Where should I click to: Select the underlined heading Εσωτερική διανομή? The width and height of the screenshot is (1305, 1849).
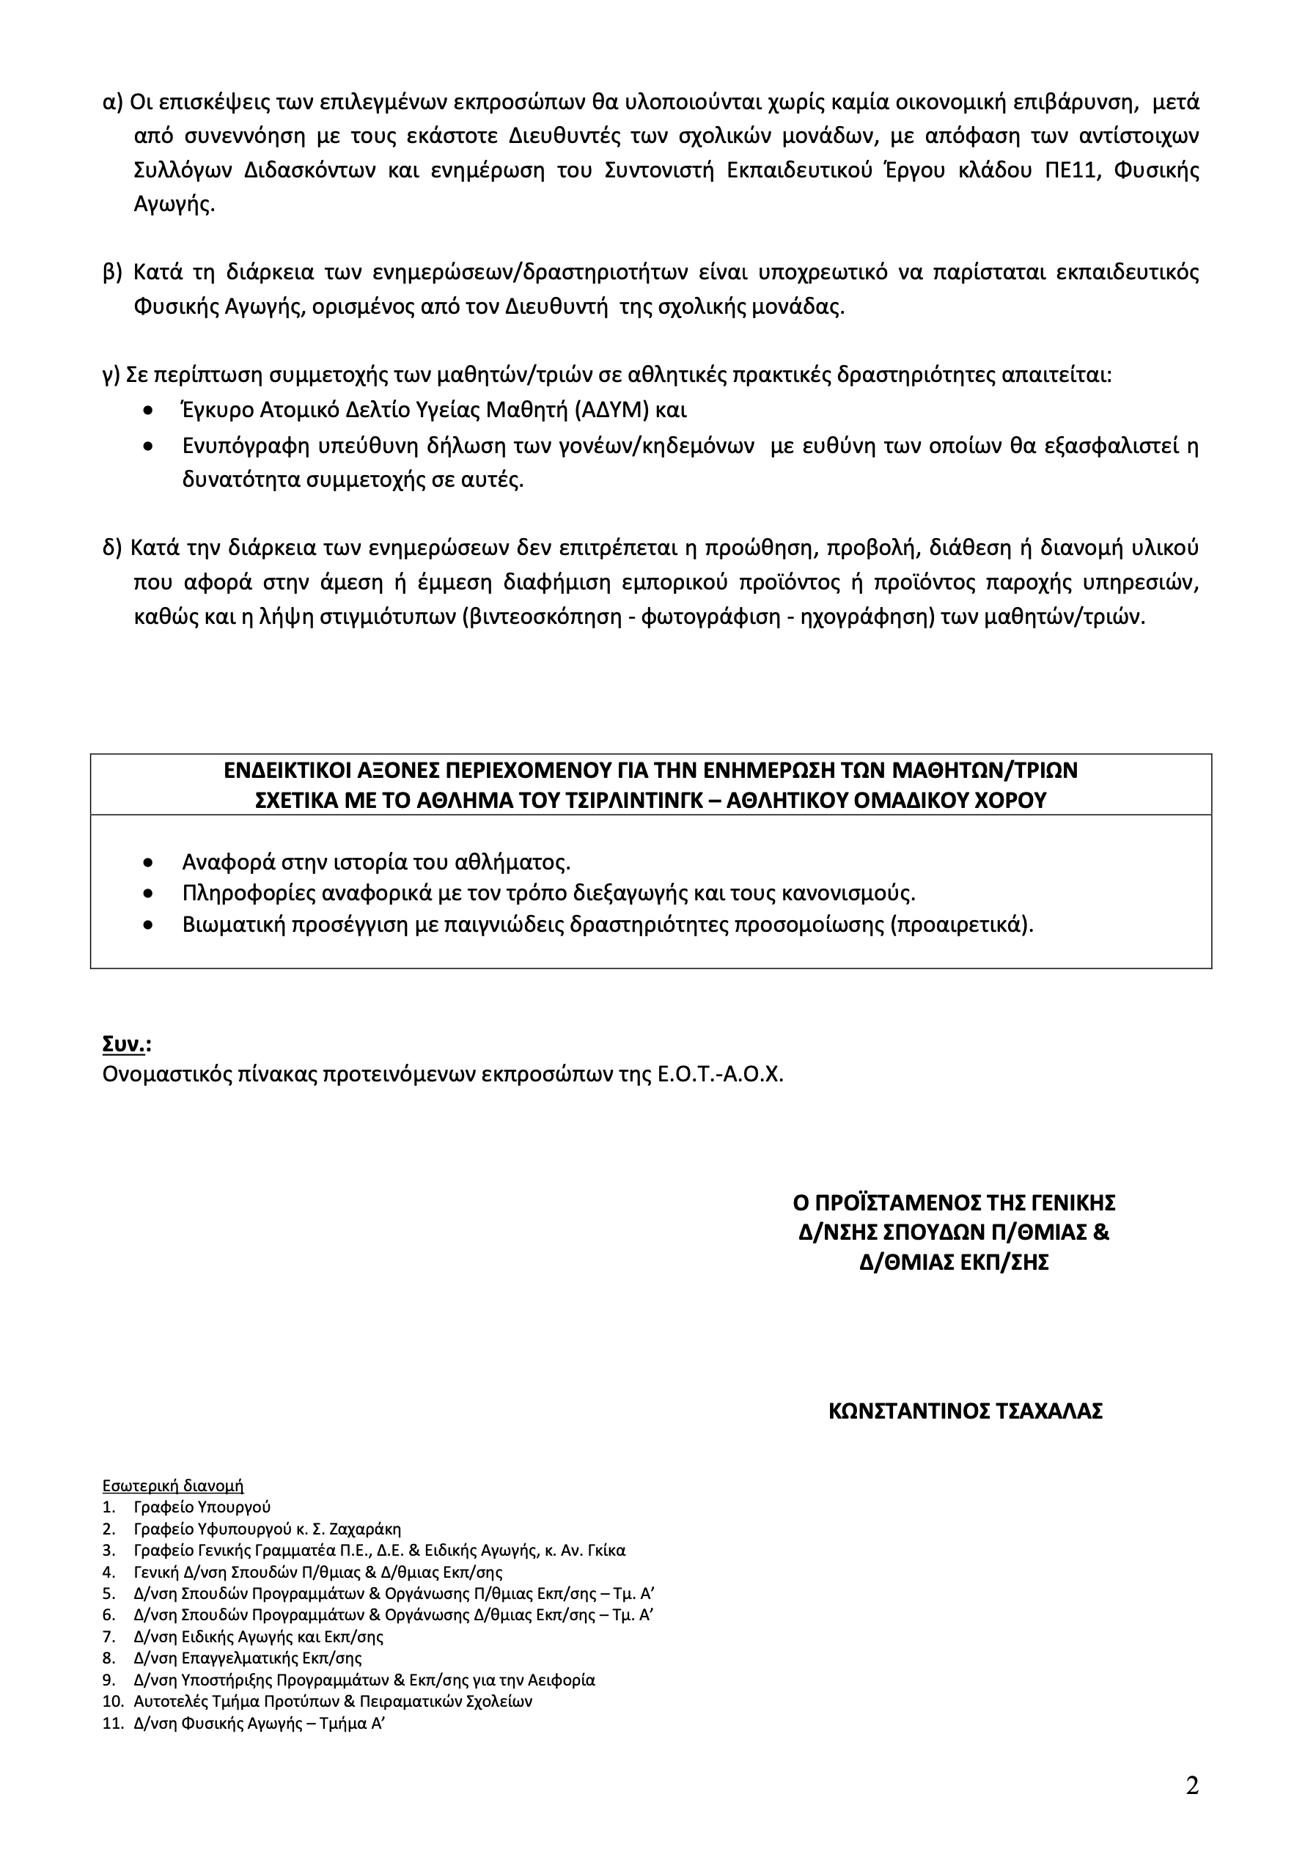[x=172, y=1486]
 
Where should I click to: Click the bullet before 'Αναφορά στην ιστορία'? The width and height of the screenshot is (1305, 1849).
[x=147, y=862]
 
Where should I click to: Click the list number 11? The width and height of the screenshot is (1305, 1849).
[x=113, y=1724]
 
